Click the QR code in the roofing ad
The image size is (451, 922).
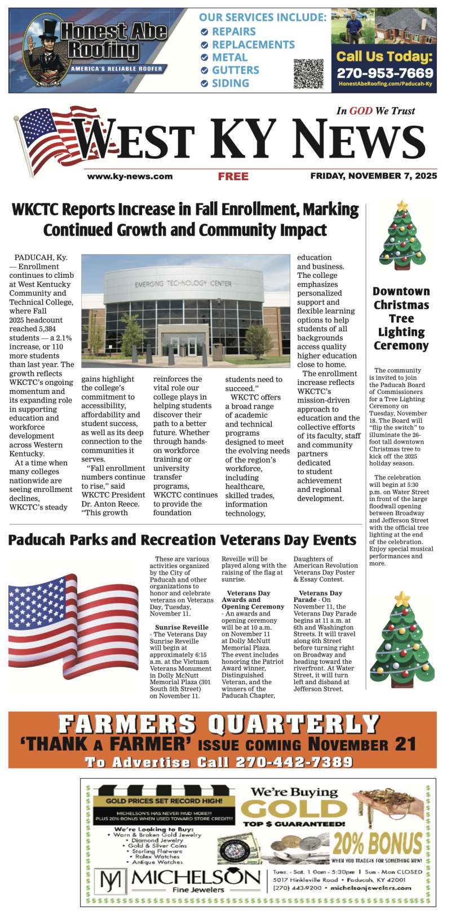[308, 73]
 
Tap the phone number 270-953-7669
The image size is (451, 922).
[384, 73]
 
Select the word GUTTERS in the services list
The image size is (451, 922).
[236, 70]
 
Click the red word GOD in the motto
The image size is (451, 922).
[361, 111]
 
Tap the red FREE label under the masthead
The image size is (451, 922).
[233, 176]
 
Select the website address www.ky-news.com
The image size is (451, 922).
[130, 176]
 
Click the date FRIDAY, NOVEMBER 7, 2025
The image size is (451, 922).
[373, 176]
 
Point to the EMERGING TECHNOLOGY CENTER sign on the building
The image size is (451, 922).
[183, 283]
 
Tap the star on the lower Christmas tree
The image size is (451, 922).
[402, 598]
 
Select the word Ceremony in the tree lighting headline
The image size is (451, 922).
[401, 345]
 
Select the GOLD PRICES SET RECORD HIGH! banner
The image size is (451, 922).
[164, 801]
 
